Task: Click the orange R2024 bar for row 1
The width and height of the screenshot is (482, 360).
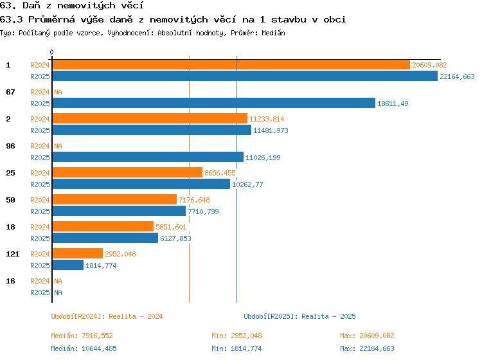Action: tap(231, 65)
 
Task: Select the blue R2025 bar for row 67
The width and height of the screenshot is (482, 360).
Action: tap(214, 103)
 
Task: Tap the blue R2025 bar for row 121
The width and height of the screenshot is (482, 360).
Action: tap(68, 265)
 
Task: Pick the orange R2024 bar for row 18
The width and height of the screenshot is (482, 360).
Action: tap(103, 226)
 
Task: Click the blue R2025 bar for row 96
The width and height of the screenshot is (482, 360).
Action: tap(148, 157)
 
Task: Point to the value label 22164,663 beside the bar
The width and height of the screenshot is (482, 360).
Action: tap(457, 76)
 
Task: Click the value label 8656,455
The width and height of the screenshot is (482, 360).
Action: tap(220, 173)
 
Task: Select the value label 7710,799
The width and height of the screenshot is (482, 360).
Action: tap(203, 212)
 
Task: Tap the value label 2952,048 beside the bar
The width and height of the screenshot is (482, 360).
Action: tap(120, 254)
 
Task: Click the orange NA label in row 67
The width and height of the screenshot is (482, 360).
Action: tap(58, 92)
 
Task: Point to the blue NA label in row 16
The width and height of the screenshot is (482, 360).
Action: tap(58, 292)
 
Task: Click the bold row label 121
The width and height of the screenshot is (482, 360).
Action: tap(13, 254)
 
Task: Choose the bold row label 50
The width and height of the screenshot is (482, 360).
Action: tap(10, 200)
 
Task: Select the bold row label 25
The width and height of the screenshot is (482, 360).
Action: tap(10, 173)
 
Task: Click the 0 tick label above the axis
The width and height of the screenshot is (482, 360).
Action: tap(51, 52)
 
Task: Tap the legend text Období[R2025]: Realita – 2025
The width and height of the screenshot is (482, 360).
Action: tap(299, 316)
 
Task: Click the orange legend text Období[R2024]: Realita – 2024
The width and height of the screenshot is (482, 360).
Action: tap(107, 316)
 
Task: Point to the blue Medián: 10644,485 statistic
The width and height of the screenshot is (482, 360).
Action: tap(84, 348)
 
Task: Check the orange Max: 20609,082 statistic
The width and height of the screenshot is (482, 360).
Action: tap(367, 336)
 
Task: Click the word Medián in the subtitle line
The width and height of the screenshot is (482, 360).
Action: tap(273, 33)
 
